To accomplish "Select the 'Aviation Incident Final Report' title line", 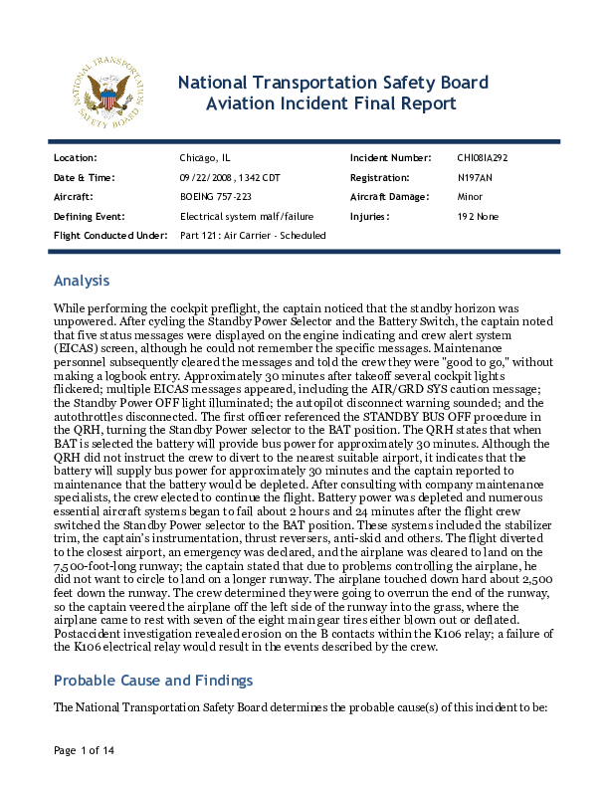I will (331, 103).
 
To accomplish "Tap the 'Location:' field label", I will (75, 158).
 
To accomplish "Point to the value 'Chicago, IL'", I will (205, 158).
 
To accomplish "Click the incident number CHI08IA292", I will (483, 158).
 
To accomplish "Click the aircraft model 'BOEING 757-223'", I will (215, 197).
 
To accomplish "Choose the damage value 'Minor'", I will (470, 197).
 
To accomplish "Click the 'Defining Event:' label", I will (89, 216).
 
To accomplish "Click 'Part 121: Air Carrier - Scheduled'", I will (253, 235).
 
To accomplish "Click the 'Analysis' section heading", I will (81, 281).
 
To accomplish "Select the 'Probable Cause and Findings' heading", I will (152, 681).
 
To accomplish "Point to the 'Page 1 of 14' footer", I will (84, 749).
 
